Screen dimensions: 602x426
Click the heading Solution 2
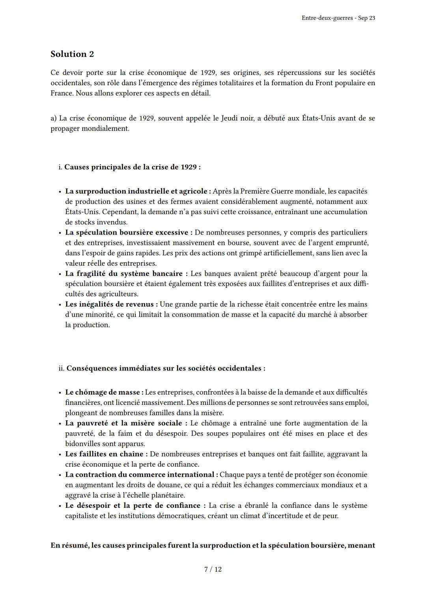72,54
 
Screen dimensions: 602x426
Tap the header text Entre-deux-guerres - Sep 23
338,18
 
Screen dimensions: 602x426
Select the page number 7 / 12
213,569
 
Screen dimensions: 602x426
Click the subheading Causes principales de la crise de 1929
132,167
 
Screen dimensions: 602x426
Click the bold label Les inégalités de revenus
112,304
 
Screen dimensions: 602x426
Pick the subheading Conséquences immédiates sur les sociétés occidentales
166,368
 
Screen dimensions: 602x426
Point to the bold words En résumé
69,546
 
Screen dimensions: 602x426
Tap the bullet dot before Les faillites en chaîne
60,455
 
